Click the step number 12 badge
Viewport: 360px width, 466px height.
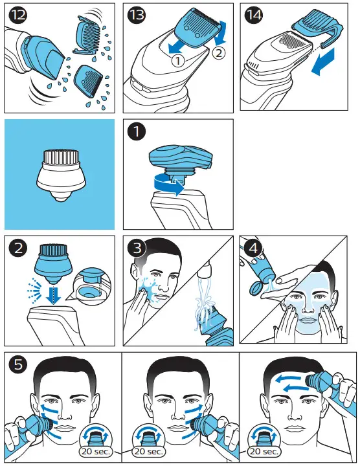point(18,15)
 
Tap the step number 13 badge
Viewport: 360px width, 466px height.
point(137,15)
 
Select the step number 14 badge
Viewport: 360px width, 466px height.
point(253,15)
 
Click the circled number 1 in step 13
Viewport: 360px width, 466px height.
point(177,61)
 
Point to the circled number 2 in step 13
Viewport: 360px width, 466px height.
point(218,54)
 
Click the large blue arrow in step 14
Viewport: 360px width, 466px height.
point(323,61)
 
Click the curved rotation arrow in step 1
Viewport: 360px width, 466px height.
point(168,185)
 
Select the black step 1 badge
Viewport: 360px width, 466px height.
point(137,131)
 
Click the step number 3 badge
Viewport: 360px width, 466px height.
point(137,248)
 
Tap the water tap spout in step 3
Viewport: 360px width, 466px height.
point(206,268)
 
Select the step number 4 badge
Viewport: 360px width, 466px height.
point(253,248)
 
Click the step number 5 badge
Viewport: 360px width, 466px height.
point(18,364)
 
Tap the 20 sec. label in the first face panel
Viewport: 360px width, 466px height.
point(96,452)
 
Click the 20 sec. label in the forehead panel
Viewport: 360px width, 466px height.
point(264,452)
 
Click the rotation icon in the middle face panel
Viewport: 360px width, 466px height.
point(148,436)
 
